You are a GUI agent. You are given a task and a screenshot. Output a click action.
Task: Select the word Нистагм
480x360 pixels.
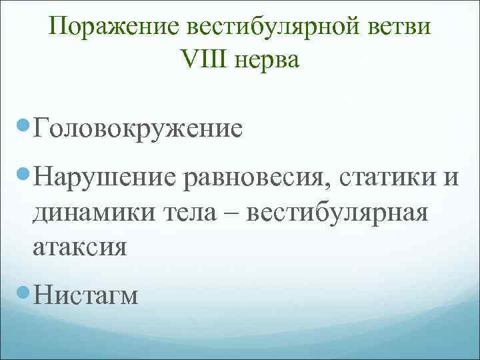click(85, 295)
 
